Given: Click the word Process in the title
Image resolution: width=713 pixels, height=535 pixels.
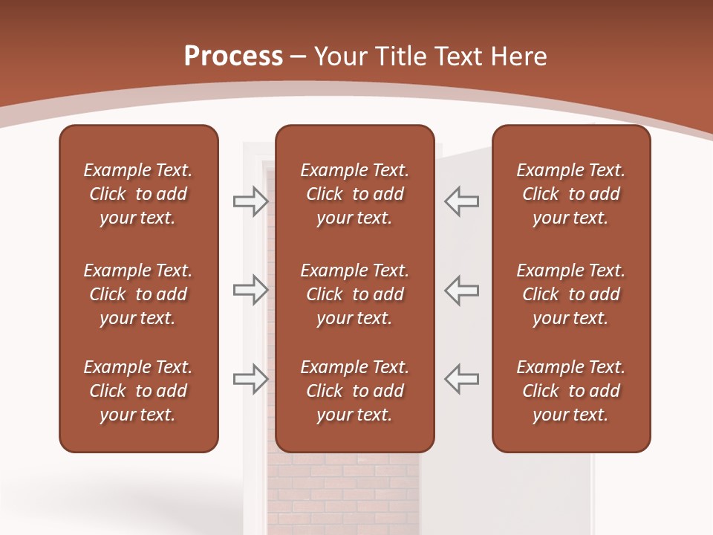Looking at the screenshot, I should [x=233, y=56].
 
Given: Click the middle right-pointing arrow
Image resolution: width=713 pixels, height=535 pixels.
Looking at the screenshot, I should [x=250, y=290].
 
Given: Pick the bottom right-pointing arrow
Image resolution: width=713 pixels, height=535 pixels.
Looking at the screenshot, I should [x=250, y=378].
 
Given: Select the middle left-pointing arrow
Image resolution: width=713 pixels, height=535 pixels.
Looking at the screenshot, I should [x=462, y=290].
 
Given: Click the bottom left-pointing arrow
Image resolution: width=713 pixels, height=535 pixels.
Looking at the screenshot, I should [x=462, y=378].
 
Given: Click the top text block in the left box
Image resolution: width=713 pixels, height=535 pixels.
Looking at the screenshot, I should [x=138, y=194].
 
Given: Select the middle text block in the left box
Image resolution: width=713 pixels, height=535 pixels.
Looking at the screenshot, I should [x=138, y=294].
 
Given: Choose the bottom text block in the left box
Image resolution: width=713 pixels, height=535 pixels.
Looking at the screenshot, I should [x=138, y=391].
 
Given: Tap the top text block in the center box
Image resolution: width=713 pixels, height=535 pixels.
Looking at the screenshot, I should [x=354, y=194].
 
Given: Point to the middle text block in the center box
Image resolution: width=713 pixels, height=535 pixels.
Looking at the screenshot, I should [x=354, y=294].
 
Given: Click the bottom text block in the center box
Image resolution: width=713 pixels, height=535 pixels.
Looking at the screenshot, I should [x=354, y=391].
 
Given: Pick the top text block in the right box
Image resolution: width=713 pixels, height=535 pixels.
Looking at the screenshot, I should [x=570, y=194].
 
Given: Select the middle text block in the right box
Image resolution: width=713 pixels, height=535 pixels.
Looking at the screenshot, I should [x=570, y=294].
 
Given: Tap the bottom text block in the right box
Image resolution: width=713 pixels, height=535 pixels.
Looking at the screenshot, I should [x=570, y=391].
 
